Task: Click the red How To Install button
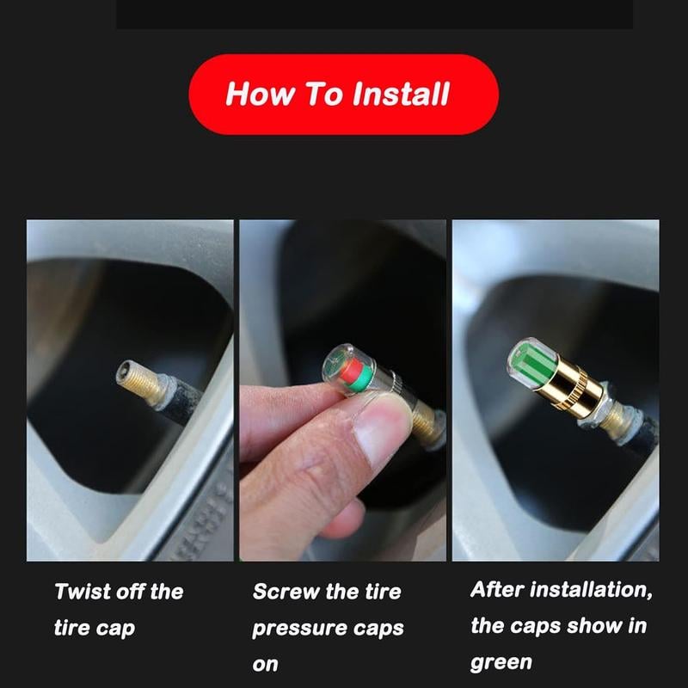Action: (x=343, y=94)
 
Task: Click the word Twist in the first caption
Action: (x=82, y=592)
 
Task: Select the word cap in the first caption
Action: (x=114, y=629)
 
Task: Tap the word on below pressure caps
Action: (x=265, y=664)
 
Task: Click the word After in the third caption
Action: (x=496, y=590)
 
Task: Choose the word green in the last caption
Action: (x=501, y=662)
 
